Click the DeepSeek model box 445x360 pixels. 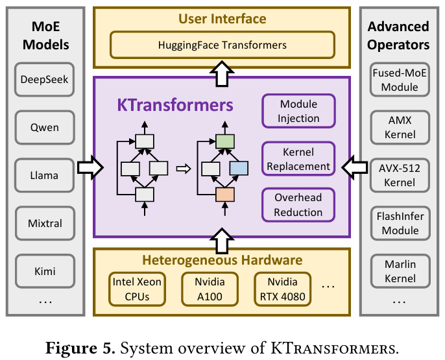[44, 80]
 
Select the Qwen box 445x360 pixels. [44, 128]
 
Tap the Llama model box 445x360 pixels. [44, 175]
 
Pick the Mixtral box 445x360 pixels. [44, 223]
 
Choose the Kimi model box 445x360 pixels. [44, 271]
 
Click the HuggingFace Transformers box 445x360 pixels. [222, 45]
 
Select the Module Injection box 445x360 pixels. [298, 111]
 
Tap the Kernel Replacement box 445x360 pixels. [298, 159]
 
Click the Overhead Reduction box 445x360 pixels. [298, 204]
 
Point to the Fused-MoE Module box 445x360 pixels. [400, 80]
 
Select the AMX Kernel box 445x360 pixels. [400, 127]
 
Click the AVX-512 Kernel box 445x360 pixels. [400, 175]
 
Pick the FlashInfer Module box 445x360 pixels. [400, 223]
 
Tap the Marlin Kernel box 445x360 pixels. [400, 271]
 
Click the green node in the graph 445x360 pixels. [224, 141]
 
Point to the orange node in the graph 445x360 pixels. [224, 193]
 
